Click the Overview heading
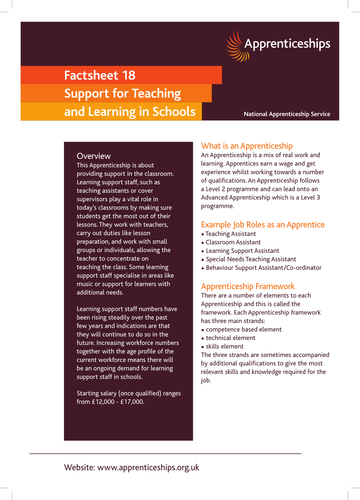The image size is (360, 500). coord(94,157)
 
